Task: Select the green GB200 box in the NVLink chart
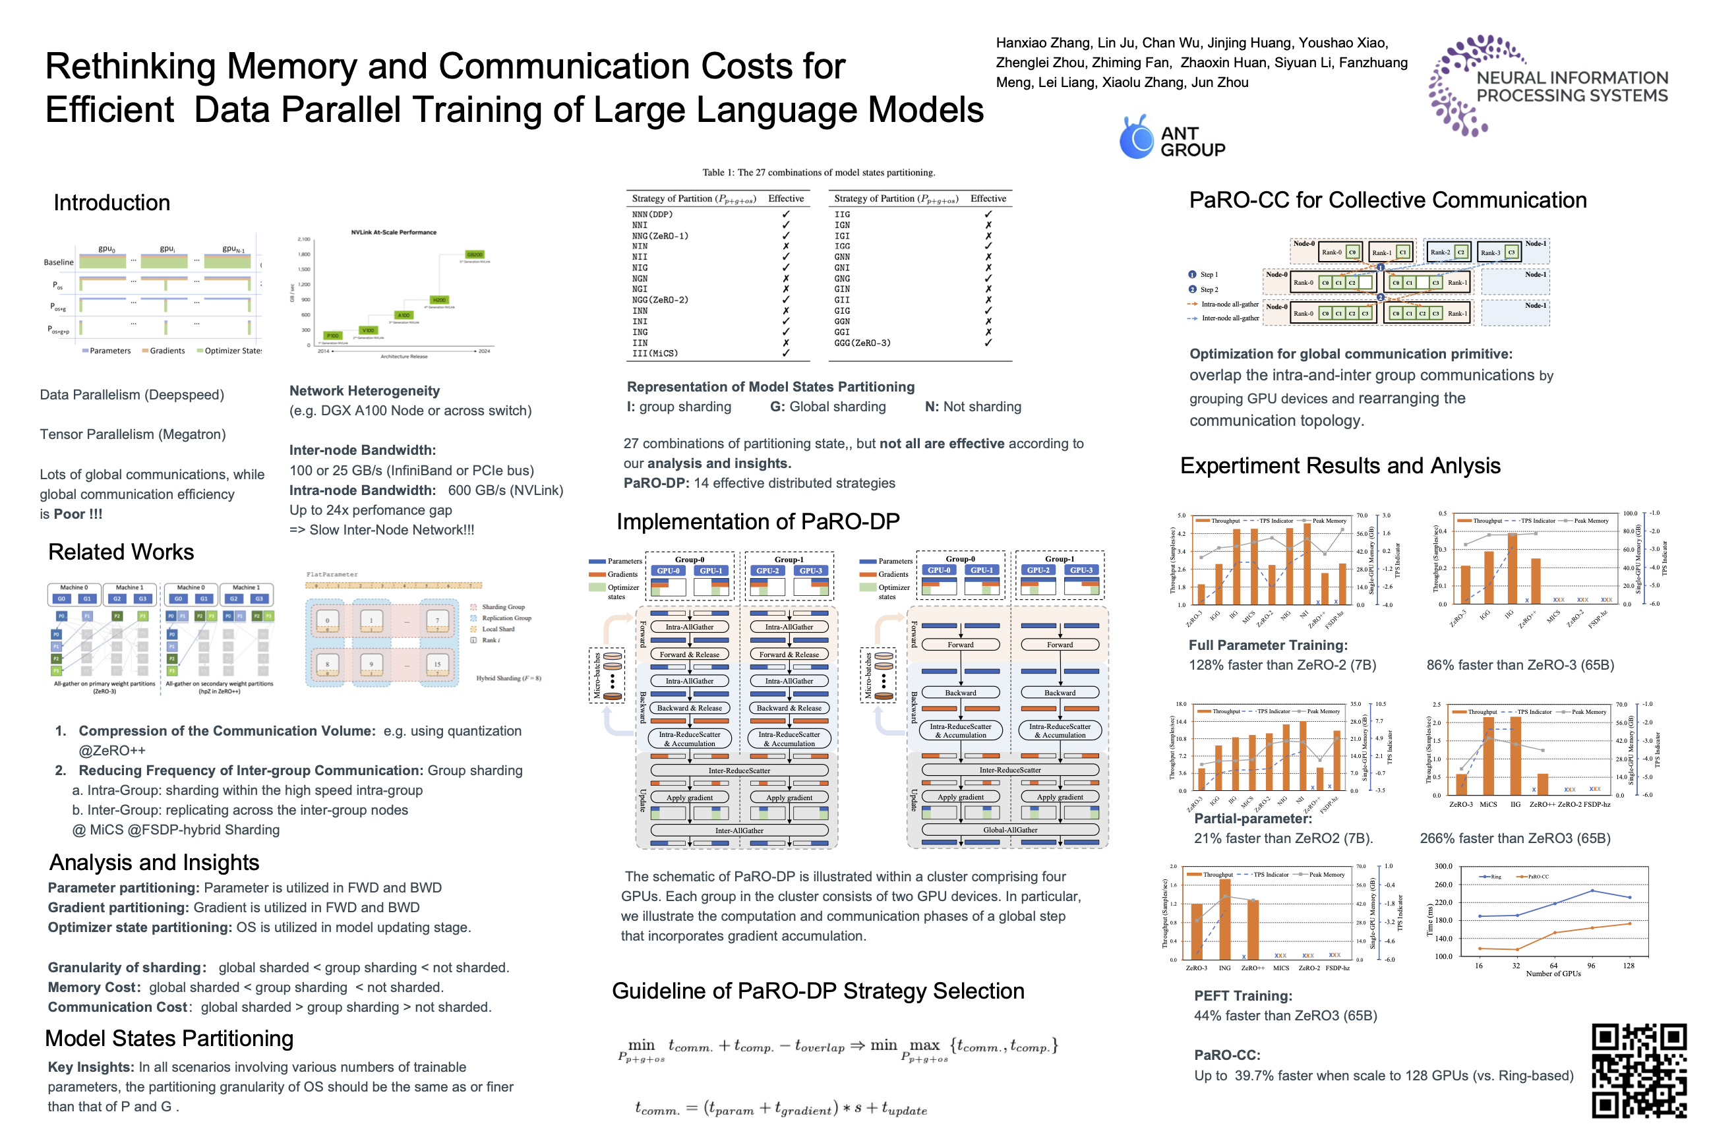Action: point(475,255)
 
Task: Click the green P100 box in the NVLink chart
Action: point(332,336)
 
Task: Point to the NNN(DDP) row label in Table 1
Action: point(652,214)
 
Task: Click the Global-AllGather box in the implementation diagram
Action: point(1010,830)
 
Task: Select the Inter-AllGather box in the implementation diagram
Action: point(739,831)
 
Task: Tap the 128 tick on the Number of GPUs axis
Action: point(1629,966)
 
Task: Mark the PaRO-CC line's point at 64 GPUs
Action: point(1554,933)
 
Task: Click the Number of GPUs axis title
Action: point(1553,974)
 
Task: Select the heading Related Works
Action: point(121,552)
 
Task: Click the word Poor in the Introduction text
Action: point(69,514)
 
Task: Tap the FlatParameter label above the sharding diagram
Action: point(332,575)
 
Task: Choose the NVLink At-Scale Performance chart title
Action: point(393,233)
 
